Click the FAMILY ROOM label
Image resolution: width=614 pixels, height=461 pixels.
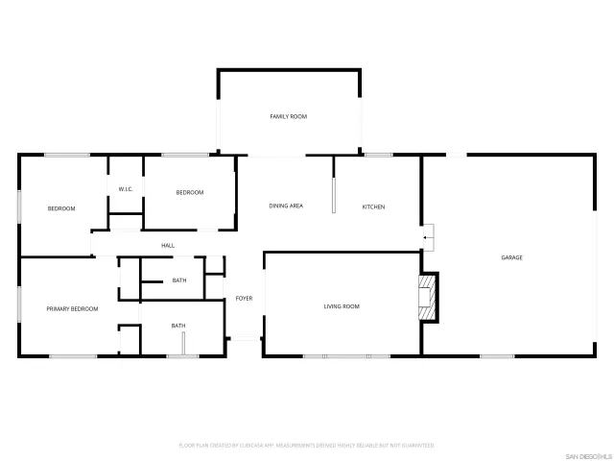(288, 116)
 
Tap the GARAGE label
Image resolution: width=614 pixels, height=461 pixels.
(511, 257)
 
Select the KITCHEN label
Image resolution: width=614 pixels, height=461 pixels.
(373, 206)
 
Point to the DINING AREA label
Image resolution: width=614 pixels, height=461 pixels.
(286, 206)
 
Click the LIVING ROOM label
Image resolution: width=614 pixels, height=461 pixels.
(341, 306)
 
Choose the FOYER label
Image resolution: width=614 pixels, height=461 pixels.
(244, 299)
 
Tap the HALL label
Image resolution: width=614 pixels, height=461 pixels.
(168, 246)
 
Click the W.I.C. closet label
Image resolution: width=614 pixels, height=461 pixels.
(125, 189)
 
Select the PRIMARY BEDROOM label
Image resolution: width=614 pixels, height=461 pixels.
(73, 309)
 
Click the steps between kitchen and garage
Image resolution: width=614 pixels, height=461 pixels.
(428, 234)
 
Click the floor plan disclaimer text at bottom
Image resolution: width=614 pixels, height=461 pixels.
(307, 446)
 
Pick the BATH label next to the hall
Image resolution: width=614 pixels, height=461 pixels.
(178, 280)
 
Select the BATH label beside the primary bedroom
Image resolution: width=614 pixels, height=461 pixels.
(178, 326)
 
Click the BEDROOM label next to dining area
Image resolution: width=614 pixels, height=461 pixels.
(190, 193)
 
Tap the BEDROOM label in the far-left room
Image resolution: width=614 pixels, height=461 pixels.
(61, 208)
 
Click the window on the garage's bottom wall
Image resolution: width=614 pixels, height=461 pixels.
(497, 356)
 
